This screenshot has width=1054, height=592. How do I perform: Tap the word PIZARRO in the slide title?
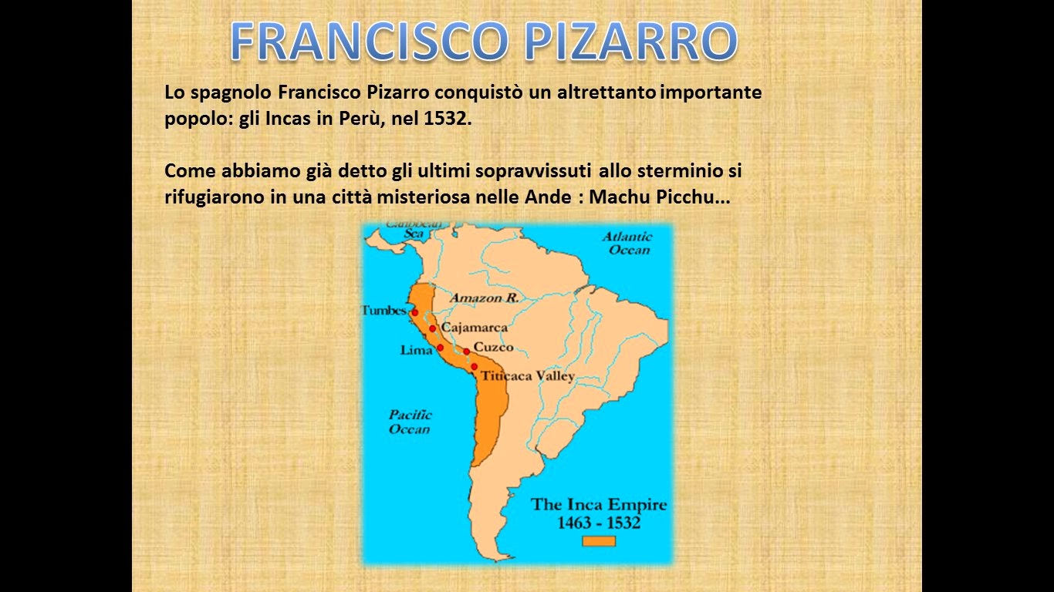point(630,42)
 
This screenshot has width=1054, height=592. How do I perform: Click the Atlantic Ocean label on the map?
point(627,243)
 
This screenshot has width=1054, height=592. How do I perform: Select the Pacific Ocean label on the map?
point(410,422)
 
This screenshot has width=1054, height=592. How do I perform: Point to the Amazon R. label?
point(484,298)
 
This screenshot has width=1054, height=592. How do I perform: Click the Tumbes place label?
point(384,311)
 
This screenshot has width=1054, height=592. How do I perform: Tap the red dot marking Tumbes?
point(414,312)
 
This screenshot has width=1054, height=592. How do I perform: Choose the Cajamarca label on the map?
point(475,328)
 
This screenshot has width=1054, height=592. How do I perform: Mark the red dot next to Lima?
point(440,348)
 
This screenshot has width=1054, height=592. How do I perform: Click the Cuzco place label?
point(493,348)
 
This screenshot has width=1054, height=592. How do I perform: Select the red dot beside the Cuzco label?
point(467,351)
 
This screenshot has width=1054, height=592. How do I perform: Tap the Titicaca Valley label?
point(528,376)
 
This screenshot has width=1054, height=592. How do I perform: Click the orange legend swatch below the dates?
point(598,541)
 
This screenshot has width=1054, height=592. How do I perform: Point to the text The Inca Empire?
point(598,506)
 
